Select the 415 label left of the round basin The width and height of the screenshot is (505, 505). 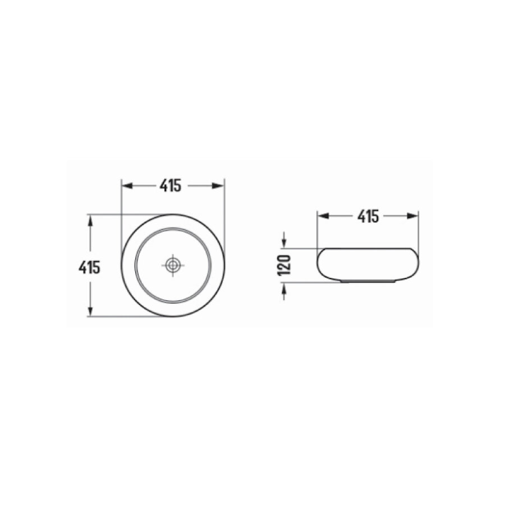pos(90,267)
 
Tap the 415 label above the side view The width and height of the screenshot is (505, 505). pos(369,215)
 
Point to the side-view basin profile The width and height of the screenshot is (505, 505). pos(368,264)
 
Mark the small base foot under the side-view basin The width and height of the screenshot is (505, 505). pos(368,281)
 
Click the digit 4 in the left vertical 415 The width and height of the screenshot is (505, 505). pos(82,267)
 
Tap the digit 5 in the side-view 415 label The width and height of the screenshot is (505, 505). pos(377,215)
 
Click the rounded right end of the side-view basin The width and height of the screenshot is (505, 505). pos(416,263)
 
